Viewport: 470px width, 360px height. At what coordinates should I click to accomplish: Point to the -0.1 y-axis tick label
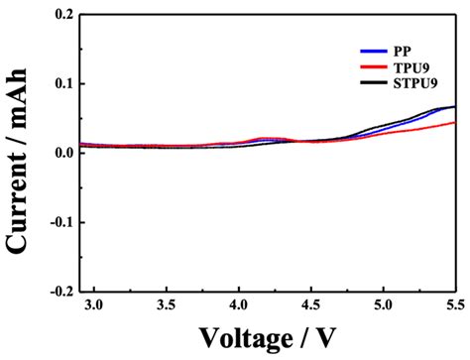60,222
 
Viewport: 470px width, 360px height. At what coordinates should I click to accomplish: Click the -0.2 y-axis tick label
60,291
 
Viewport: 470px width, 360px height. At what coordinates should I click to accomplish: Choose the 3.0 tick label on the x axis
93,306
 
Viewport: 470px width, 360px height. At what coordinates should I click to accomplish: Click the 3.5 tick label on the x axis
166,306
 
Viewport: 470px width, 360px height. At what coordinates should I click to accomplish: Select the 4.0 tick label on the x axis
238,306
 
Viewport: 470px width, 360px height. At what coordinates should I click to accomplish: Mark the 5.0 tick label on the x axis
383,306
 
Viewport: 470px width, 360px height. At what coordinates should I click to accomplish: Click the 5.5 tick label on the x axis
453,306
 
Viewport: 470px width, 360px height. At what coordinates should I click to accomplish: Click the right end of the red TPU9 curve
455,123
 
